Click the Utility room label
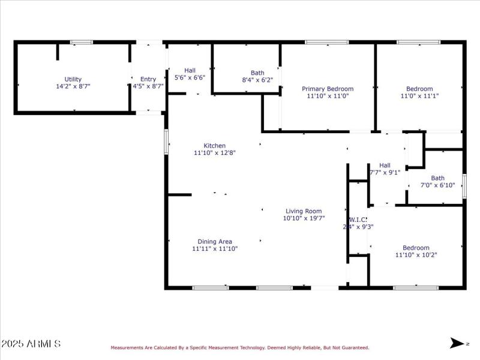pos(73,79)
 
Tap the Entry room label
pos(148,79)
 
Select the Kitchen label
pos(215,146)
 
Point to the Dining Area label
pos(215,242)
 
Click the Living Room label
pos(304,211)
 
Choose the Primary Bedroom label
pos(328,89)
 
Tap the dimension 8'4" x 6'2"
pos(257,80)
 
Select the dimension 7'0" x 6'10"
pos(438,185)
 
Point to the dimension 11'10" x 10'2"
pos(416,255)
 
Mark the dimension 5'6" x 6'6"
pos(190,78)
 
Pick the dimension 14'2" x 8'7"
pos(73,86)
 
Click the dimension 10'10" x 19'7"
pos(304,218)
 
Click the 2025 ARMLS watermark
pos(31,344)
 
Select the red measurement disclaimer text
pos(239,347)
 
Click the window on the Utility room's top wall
pos(82,42)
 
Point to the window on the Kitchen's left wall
pos(166,142)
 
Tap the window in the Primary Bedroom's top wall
pos(326,42)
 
